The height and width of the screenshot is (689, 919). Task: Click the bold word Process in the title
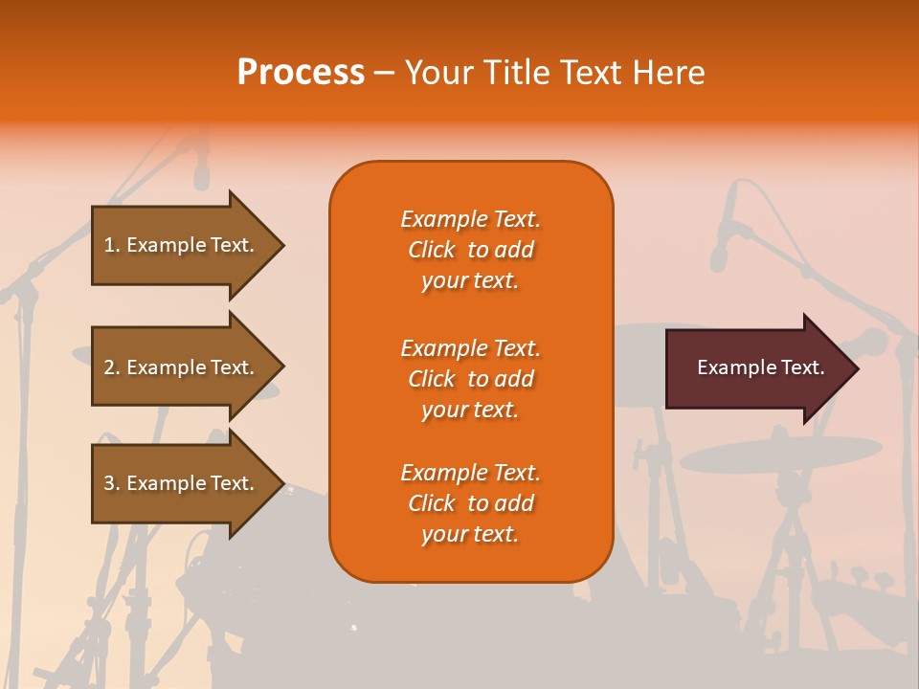pos(301,73)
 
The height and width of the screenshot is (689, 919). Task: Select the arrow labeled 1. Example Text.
pos(182,245)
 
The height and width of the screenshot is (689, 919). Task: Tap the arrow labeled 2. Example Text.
pos(182,367)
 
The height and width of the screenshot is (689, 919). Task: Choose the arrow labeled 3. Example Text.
pos(182,483)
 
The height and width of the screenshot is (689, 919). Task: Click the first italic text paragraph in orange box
pos(470,250)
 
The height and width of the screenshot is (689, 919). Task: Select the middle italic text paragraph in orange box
pos(470,379)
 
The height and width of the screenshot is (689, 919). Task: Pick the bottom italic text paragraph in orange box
pos(470,503)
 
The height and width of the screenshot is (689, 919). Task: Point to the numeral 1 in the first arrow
pos(109,245)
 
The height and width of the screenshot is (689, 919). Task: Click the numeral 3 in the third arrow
pos(109,483)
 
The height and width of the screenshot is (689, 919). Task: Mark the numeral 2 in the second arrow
pos(109,367)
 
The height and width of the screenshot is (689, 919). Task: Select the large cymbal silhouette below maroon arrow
pos(780,452)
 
